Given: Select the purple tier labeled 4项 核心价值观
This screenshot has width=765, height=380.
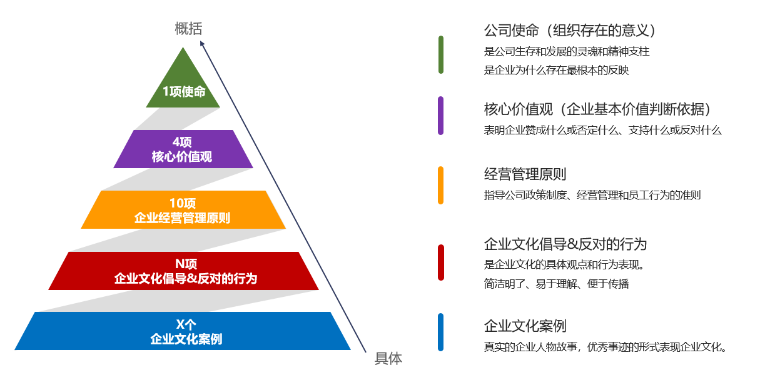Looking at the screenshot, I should (183, 149).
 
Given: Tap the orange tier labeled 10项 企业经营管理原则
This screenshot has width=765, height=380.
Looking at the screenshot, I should (183, 210).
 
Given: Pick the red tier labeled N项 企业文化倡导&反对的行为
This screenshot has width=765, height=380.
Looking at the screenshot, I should (184, 271).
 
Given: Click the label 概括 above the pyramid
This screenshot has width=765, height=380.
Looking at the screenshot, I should (188, 28).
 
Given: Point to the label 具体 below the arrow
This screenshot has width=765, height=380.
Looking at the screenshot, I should (388, 359).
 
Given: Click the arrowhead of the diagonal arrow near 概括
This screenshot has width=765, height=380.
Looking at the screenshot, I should (203, 44).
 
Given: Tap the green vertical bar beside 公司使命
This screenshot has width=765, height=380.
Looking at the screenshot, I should (441, 55).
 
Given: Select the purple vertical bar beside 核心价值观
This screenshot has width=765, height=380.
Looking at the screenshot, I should (441, 116).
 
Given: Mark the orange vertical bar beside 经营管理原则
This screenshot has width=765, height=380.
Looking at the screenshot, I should (441, 185).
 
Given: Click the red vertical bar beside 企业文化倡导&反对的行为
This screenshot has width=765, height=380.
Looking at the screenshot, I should (441, 263).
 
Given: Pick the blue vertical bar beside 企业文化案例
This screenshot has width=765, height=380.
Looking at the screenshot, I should (441, 332).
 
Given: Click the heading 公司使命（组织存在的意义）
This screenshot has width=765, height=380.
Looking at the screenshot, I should (572, 30).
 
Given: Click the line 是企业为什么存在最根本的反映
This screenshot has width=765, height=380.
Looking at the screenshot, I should (556, 71).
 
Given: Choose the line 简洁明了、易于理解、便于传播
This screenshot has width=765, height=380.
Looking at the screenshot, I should (556, 284).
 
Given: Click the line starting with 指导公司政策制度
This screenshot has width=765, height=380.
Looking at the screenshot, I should (592, 195).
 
